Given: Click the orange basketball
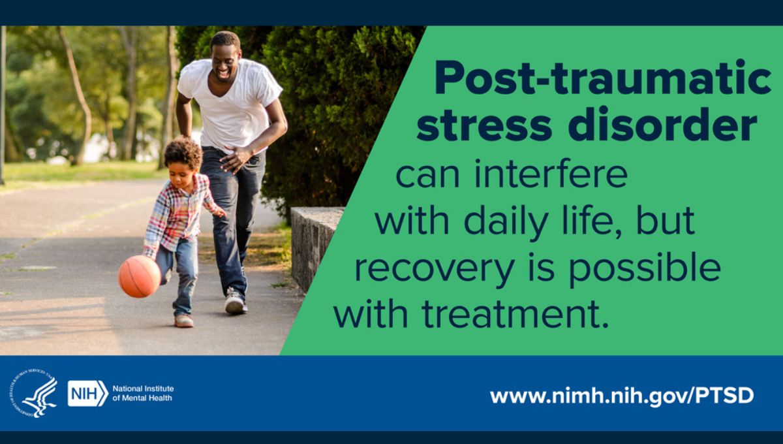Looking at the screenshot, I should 140,276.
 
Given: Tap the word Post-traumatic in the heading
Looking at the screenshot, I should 602,79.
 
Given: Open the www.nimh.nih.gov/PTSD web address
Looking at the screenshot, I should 621,395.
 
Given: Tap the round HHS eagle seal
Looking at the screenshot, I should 33,393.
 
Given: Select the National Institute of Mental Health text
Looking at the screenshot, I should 143,393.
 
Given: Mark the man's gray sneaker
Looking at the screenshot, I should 235,302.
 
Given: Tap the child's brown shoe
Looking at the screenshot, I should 183,321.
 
